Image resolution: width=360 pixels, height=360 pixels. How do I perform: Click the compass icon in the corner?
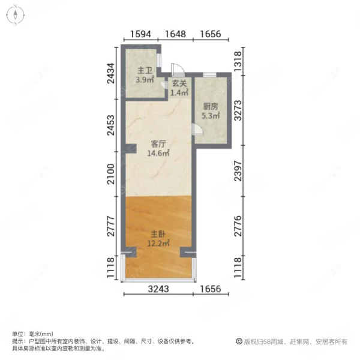(x=14, y=16)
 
